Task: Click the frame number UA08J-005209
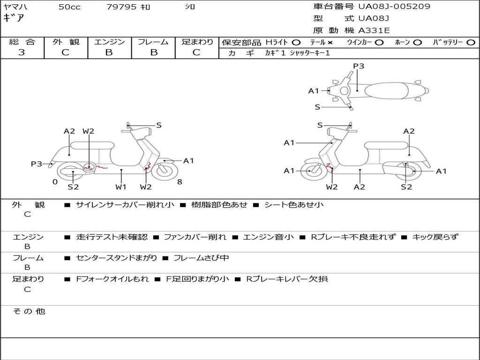pyautogui.click(x=394, y=7)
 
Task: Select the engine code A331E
pyautogui.click(x=374, y=30)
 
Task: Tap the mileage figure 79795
pyautogui.click(x=121, y=7)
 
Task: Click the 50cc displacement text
pyautogui.click(x=69, y=7)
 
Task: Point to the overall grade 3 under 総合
pyautogui.click(x=22, y=52)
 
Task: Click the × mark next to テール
pyautogui.click(x=330, y=42)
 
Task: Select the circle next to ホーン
pyautogui.click(x=417, y=42)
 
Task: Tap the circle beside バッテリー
pyautogui.click(x=471, y=42)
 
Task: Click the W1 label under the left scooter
pyautogui.click(x=121, y=187)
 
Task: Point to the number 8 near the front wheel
pyautogui.click(x=180, y=182)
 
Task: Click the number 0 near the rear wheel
pyautogui.click(x=55, y=182)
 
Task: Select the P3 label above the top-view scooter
pyautogui.click(x=359, y=66)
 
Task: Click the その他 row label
pyautogui.click(x=29, y=311)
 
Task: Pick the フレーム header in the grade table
pyautogui.click(x=153, y=42)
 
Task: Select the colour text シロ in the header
pyautogui.click(x=190, y=7)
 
